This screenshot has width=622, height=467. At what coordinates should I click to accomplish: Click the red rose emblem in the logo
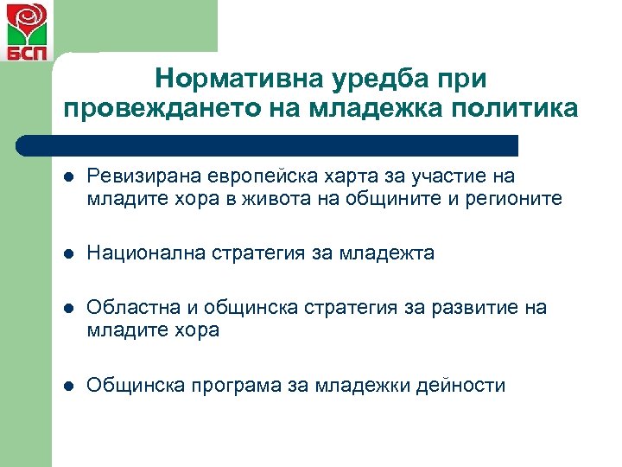(x=27, y=22)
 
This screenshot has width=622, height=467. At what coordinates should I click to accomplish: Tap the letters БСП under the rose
(x=27, y=54)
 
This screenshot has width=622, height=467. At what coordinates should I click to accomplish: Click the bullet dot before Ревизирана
(x=69, y=178)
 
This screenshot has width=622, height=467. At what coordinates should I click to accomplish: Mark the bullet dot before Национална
(x=69, y=254)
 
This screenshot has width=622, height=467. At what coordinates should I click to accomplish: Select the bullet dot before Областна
(x=69, y=309)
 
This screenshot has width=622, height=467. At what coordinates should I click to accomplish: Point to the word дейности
(x=462, y=385)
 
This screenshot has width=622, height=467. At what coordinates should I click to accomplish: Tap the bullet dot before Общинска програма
(x=69, y=386)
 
